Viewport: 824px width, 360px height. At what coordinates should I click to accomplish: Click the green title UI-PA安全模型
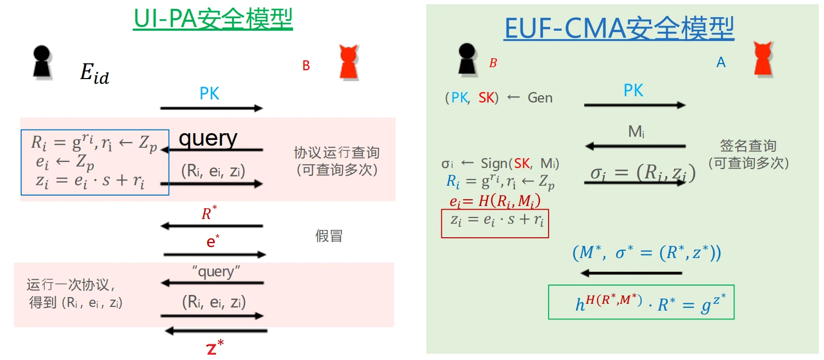pyautogui.click(x=213, y=19)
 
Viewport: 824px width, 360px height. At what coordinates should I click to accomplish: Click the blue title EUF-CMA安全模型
pyautogui.click(x=619, y=28)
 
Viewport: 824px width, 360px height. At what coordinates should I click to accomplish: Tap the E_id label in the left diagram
pyautogui.click(x=95, y=73)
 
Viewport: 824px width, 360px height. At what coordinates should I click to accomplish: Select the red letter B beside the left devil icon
pyautogui.click(x=306, y=66)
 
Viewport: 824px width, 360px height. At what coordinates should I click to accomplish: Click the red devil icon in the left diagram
pyautogui.click(x=348, y=62)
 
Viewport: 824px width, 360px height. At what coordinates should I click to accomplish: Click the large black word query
pyautogui.click(x=208, y=138)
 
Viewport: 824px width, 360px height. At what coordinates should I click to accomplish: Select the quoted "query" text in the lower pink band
pyautogui.click(x=216, y=272)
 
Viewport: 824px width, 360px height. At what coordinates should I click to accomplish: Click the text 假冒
pyautogui.click(x=329, y=236)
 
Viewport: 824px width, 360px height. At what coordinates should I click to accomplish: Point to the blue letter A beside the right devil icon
pyautogui.click(x=721, y=62)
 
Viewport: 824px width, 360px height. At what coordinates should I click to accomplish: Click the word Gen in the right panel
pyautogui.click(x=540, y=98)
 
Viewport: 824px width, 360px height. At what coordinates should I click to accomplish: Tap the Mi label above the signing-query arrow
pyautogui.click(x=636, y=132)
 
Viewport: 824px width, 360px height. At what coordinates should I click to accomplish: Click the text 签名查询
pyautogui.click(x=748, y=146)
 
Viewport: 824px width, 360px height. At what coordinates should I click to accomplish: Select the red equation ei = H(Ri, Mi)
pyautogui.click(x=495, y=201)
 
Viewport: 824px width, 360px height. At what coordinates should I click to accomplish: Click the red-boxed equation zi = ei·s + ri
pyautogui.click(x=495, y=221)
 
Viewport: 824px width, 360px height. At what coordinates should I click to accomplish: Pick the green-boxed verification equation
pyautogui.click(x=641, y=302)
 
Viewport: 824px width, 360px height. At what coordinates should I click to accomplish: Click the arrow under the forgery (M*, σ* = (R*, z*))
pyautogui.click(x=631, y=273)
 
